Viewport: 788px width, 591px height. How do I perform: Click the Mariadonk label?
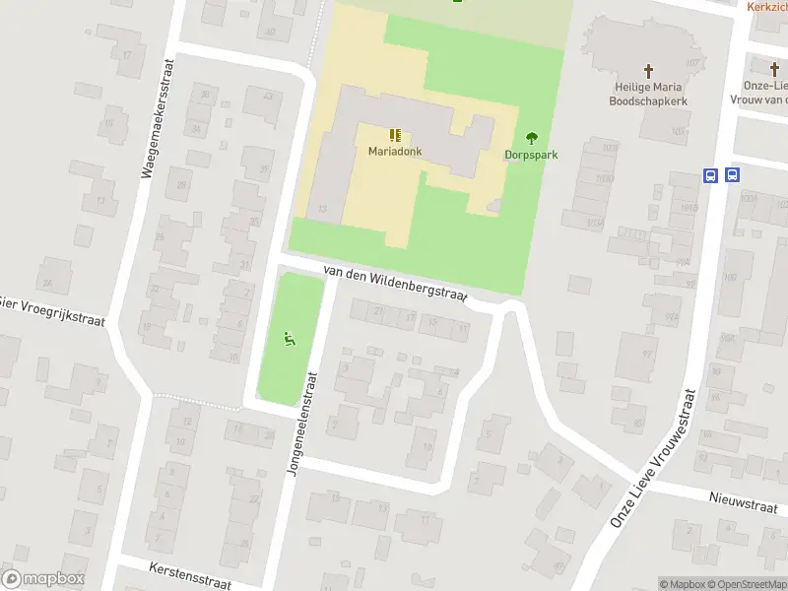[395, 152]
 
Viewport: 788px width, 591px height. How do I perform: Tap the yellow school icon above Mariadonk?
[395, 135]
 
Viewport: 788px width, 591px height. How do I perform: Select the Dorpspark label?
[532, 155]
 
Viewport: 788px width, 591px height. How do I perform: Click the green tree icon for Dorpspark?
[532, 138]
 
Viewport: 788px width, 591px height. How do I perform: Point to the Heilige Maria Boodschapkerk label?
[647, 94]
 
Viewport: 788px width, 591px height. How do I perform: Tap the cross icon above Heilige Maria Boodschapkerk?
[648, 70]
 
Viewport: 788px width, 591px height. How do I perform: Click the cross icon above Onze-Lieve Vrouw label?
[775, 68]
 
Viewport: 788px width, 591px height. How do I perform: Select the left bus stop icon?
[710, 175]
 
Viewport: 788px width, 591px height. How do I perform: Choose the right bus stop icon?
[732, 175]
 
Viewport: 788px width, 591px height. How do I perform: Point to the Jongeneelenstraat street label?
[302, 424]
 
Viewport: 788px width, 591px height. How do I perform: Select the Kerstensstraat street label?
[190, 575]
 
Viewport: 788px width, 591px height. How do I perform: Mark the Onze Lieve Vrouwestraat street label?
[655, 458]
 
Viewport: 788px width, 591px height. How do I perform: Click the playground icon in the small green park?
[290, 340]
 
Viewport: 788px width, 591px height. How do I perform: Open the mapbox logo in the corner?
[43, 579]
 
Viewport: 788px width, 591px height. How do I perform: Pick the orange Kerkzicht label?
[766, 6]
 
